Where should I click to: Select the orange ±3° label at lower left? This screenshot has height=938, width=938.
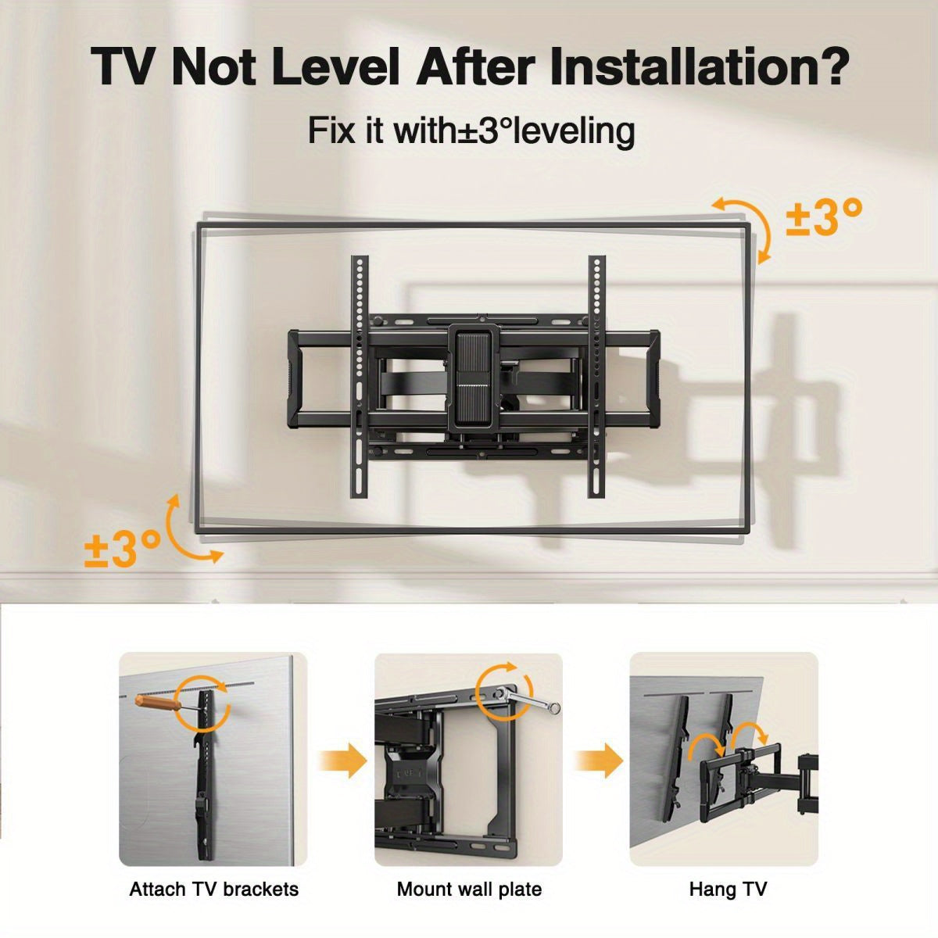(122, 549)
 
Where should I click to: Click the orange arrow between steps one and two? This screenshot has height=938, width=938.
(342, 761)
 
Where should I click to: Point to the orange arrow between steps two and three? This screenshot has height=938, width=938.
(599, 761)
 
